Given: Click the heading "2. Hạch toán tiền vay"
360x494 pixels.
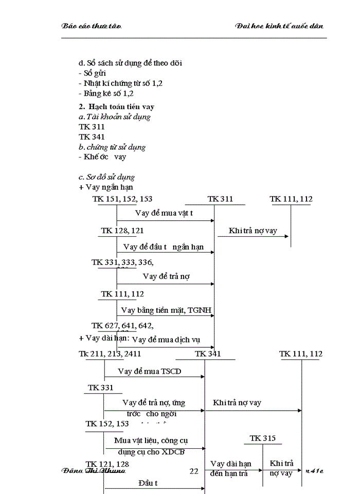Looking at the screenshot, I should [116, 107].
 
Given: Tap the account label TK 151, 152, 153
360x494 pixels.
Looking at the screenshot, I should [122, 199].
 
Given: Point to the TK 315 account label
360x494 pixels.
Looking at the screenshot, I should [263, 438].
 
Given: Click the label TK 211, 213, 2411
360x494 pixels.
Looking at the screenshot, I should [110, 354].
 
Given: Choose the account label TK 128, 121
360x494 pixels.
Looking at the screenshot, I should [122, 231].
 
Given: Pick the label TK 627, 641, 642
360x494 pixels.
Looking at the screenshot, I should [122, 325].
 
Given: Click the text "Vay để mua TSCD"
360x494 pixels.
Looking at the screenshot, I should [149, 371].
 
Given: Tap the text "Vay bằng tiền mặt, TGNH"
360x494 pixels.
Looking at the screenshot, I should [166, 310].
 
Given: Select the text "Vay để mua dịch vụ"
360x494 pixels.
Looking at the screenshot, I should [166, 340].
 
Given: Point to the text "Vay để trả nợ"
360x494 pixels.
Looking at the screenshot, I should [166, 276].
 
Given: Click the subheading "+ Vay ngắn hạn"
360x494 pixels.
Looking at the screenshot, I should [106, 187].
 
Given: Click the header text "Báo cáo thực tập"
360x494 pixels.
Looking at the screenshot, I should [91, 26].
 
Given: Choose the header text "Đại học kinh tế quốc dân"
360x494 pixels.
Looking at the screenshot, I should [279, 26].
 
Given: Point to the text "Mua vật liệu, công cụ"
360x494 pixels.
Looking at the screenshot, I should [150, 440].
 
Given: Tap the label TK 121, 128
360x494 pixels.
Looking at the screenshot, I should [107, 464].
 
